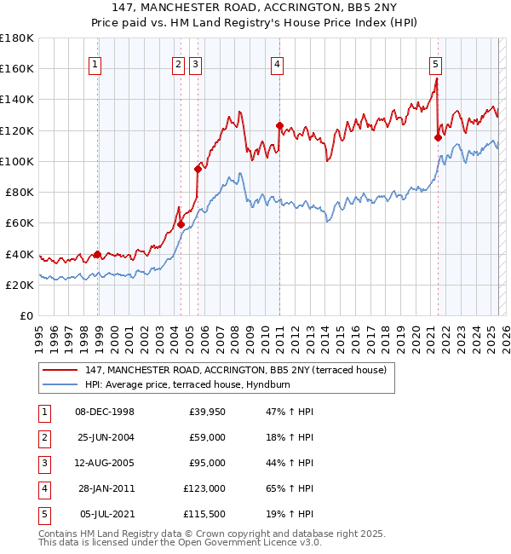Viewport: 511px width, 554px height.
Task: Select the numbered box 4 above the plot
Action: (x=278, y=63)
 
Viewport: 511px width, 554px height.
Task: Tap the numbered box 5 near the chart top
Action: (x=435, y=63)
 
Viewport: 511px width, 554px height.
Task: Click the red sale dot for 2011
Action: (x=279, y=125)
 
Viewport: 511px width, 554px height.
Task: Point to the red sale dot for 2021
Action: (x=438, y=136)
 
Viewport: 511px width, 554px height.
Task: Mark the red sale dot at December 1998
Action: (x=97, y=254)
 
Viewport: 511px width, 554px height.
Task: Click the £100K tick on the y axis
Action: (x=16, y=161)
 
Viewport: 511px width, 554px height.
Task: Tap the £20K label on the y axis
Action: (x=20, y=286)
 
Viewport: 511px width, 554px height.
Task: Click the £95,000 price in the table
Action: (x=206, y=463)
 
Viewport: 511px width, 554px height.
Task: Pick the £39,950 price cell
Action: (x=206, y=412)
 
